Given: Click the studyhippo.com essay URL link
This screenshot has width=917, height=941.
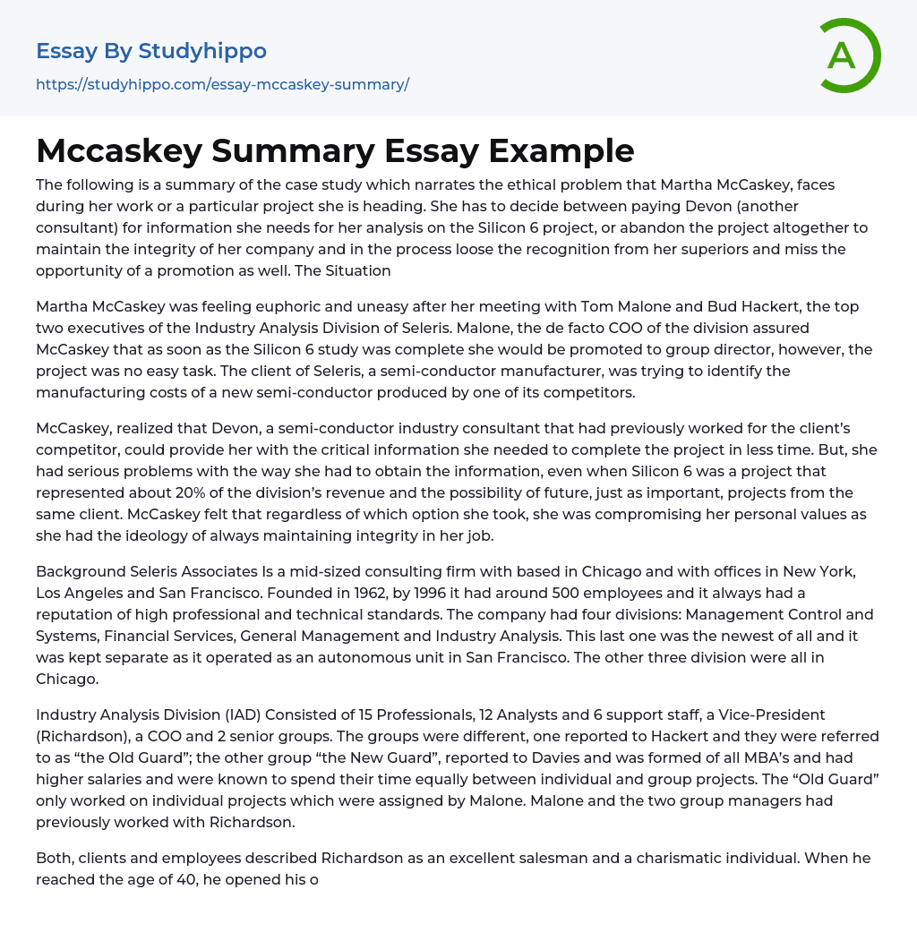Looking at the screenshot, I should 222,85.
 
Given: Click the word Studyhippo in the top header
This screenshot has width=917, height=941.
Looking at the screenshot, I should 202,51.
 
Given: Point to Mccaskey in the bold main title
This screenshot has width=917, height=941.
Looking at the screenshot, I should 118,151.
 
